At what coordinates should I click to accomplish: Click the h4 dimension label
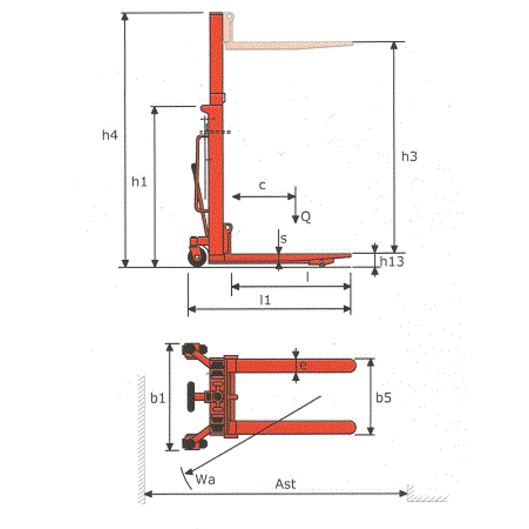tap(110, 135)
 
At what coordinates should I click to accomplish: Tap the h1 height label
tap(139, 181)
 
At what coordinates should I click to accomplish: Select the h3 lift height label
tap(409, 156)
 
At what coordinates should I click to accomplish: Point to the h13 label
tap(391, 261)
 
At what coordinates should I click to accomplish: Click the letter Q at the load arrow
tap(306, 216)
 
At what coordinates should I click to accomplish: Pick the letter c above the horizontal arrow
tap(262, 185)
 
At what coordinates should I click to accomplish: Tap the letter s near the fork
tap(284, 239)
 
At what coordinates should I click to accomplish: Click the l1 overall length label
tap(265, 299)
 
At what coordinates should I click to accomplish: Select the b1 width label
tap(158, 398)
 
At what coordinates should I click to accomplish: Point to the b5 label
tap(384, 397)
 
